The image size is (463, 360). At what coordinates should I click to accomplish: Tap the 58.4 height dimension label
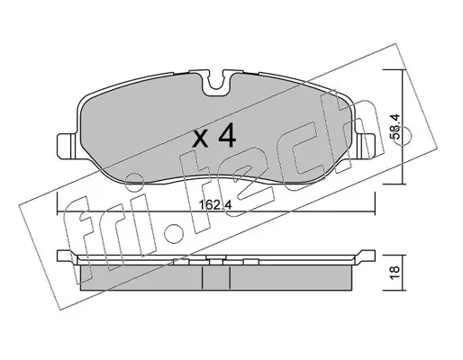[395, 126]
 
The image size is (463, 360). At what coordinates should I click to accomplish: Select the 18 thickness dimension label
[395, 273]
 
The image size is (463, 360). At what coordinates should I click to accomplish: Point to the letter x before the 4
[201, 139]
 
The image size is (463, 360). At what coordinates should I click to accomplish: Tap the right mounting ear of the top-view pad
[366, 146]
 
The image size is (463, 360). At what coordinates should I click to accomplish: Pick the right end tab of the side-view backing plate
[366, 256]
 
